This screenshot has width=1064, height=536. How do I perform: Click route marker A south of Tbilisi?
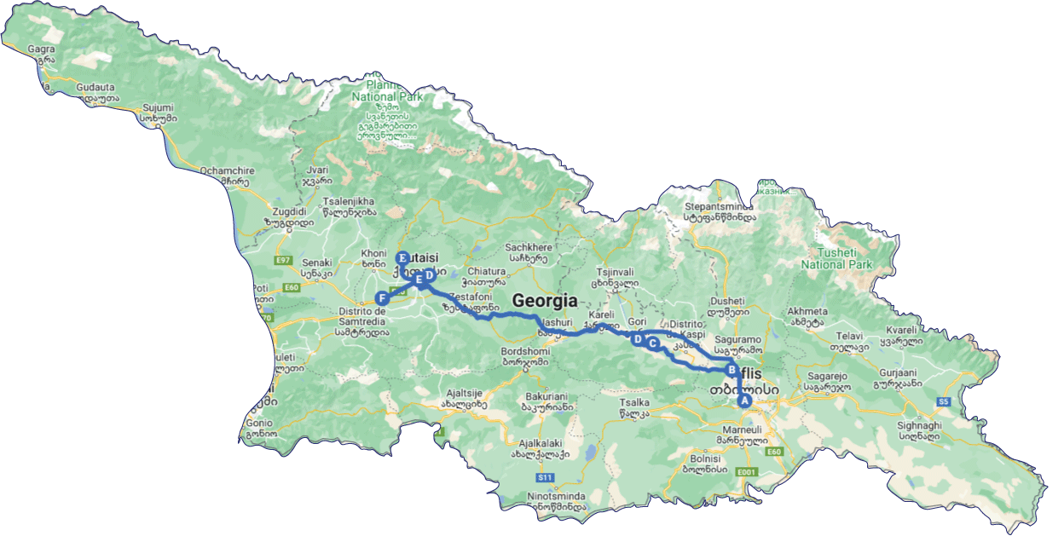[743, 401]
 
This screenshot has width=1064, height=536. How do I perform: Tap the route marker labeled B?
[731, 370]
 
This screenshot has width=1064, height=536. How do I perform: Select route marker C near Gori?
[653, 343]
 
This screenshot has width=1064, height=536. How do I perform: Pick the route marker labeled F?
[382, 298]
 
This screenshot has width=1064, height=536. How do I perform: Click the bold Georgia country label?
[544, 301]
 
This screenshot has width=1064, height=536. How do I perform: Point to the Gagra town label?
[41, 49]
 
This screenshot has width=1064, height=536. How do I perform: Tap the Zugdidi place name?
[283, 210]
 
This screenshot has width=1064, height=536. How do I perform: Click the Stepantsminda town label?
[720, 205]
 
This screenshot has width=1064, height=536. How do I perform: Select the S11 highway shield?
[546, 477]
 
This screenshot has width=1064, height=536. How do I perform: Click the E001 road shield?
[747, 471]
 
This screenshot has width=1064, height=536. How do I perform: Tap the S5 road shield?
[943, 401]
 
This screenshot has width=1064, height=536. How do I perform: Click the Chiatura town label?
[486, 271]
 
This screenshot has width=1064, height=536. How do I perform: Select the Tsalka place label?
[634, 402]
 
